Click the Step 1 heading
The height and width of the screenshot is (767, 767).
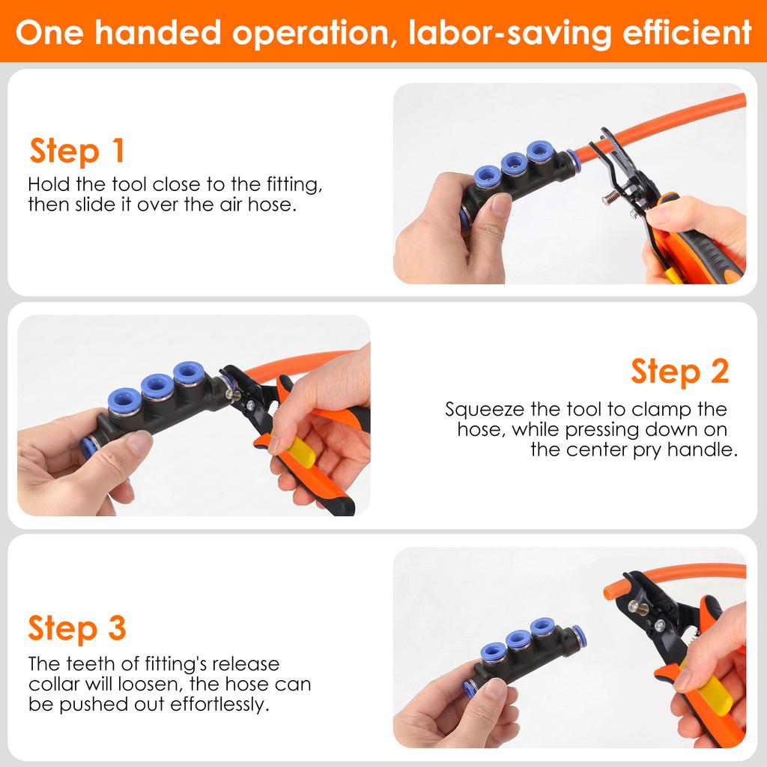77,151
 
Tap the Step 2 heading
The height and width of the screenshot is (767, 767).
679,371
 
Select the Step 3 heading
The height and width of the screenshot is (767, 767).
77,628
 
